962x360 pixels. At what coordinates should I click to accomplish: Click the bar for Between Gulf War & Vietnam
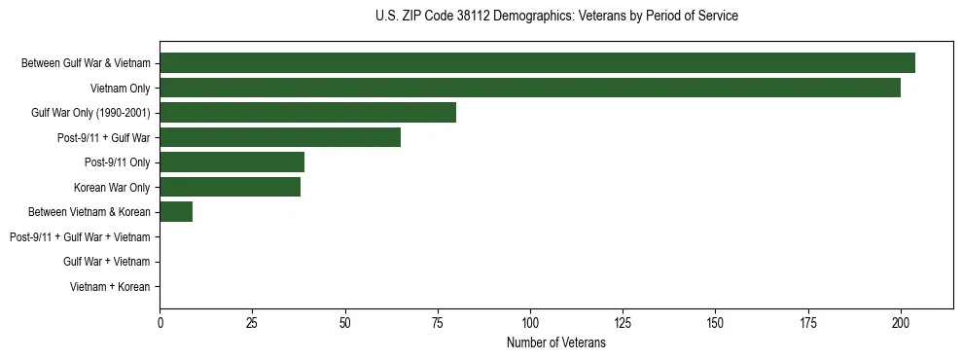pyautogui.click(x=537, y=63)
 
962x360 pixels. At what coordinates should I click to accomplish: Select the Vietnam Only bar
pyautogui.click(x=530, y=88)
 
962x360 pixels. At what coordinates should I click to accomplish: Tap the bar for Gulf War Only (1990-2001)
pyautogui.click(x=307, y=113)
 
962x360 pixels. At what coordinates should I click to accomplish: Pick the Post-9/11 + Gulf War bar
pyautogui.click(x=280, y=137)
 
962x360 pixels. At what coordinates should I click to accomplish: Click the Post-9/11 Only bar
pyautogui.click(x=232, y=162)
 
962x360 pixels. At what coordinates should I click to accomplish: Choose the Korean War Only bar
pyautogui.click(x=230, y=187)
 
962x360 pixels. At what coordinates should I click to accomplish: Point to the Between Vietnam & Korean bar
pyautogui.click(x=176, y=212)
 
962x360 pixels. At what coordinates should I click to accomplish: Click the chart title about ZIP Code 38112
pyautogui.click(x=556, y=17)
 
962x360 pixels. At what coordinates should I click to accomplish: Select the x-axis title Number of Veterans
pyautogui.click(x=556, y=342)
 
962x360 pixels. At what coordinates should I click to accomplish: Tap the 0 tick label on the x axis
pyautogui.click(x=160, y=322)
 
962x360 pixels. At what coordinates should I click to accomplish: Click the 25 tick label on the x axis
pyautogui.click(x=252, y=322)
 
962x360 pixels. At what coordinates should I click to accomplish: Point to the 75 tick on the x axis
pyautogui.click(x=438, y=322)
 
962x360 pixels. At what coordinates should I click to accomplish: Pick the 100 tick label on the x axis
pyautogui.click(x=530, y=322)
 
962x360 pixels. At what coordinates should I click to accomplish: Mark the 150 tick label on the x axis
pyautogui.click(x=715, y=322)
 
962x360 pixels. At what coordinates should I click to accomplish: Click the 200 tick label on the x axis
pyautogui.click(x=901, y=322)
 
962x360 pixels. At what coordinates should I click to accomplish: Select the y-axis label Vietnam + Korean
pyautogui.click(x=109, y=287)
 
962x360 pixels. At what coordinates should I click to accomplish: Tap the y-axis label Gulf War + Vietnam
pyautogui.click(x=106, y=262)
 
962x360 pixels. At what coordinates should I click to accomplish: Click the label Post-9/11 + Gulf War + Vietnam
pyautogui.click(x=80, y=237)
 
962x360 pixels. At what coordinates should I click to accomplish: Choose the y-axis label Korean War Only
pyautogui.click(x=112, y=187)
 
